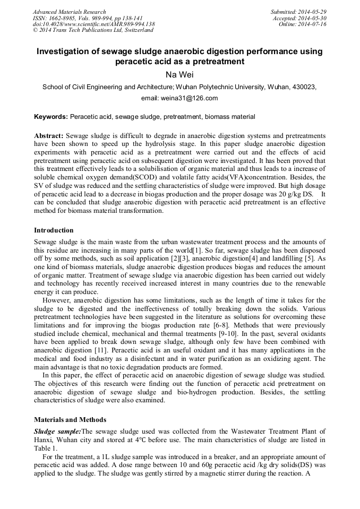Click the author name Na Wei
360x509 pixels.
179,74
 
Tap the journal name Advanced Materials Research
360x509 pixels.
69,12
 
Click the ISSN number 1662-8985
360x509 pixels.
63,18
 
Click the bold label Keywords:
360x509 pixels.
51,116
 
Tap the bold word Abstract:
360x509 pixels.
49,136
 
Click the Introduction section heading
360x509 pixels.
54,230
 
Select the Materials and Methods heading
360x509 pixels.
70,419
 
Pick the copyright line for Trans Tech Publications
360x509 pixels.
93,30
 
